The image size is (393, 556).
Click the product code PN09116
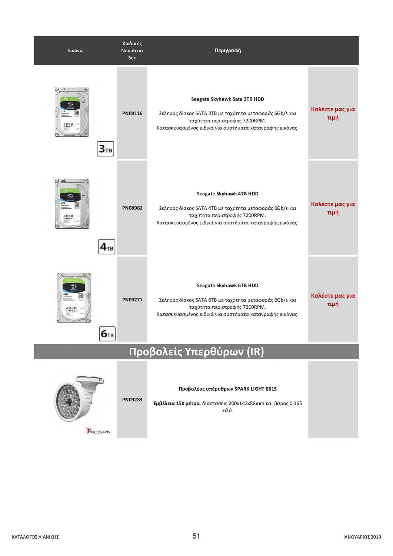pyautogui.click(x=132, y=113)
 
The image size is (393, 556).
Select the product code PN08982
pyautogui.click(x=132, y=208)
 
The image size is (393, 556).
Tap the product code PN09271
pyautogui.click(x=132, y=299)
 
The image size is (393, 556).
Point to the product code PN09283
pyautogui.click(x=132, y=399)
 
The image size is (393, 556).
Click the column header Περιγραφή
pyautogui.click(x=228, y=50)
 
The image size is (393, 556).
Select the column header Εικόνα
pyautogui.click(x=75, y=50)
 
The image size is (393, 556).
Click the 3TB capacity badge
pyautogui.click(x=106, y=149)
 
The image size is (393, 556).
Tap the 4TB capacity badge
pyautogui.click(x=107, y=247)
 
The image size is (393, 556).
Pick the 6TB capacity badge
pyautogui.click(x=107, y=334)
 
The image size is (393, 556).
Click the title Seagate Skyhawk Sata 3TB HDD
pyautogui.click(x=227, y=99)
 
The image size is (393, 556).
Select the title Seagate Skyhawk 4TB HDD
pyautogui.click(x=227, y=193)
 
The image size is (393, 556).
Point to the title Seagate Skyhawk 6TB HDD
pyautogui.click(x=227, y=285)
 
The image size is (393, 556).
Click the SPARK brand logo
pyautogui.click(x=98, y=431)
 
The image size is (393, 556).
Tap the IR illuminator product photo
pyautogui.click(x=79, y=398)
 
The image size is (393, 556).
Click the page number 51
pyautogui.click(x=196, y=536)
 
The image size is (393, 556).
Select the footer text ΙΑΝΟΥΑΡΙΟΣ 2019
pyautogui.click(x=362, y=537)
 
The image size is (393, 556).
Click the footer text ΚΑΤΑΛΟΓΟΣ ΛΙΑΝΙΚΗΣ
pyautogui.click(x=35, y=537)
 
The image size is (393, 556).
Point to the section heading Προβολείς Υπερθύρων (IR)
pyautogui.click(x=196, y=351)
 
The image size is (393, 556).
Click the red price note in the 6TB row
pyautogui.click(x=333, y=299)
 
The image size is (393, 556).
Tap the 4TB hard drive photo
pyautogui.click(x=72, y=204)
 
